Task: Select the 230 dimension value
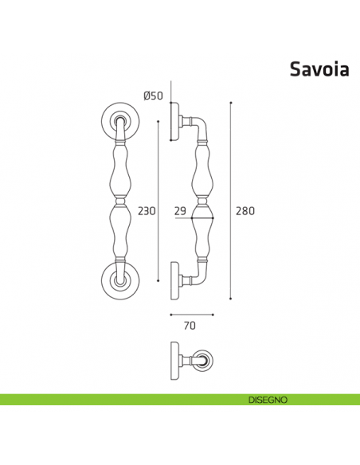pyautogui.click(x=147, y=211)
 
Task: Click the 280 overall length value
pyautogui.click(x=245, y=211)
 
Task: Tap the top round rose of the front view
pyautogui.click(x=119, y=119)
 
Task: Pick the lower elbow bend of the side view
pyautogui.click(x=201, y=275)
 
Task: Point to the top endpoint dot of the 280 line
pyautogui.click(x=230, y=103)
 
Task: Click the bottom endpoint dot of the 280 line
pyautogui.click(x=230, y=299)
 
